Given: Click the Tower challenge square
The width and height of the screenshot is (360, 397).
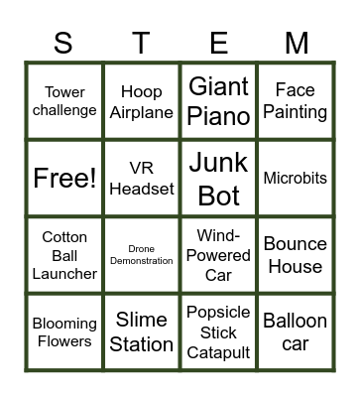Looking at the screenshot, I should (x=64, y=101).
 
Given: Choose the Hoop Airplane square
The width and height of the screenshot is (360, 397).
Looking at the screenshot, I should (x=142, y=101).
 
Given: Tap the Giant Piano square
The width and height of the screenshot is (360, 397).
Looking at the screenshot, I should (x=218, y=101).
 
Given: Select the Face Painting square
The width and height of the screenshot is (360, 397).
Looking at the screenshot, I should (x=296, y=101).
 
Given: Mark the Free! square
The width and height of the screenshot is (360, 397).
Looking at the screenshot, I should (x=64, y=179).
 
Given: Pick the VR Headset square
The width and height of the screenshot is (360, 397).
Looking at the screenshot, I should (x=142, y=179).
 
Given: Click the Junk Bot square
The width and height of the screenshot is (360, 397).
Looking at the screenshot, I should (x=218, y=179).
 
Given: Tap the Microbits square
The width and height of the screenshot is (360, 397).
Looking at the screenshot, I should (x=296, y=179).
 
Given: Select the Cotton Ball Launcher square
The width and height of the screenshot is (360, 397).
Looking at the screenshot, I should (x=64, y=255).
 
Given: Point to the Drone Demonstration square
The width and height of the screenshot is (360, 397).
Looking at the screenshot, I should (x=142, y=255).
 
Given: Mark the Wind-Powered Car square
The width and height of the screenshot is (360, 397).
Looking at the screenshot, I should (x=218, y=255).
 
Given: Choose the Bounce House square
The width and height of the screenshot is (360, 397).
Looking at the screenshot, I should (x=296, y=255).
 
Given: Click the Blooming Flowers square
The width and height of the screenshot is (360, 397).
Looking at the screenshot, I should (x=64, y=332).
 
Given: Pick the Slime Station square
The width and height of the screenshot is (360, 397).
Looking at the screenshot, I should (x=142, y=332).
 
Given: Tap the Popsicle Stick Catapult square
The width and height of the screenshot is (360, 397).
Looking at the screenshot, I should (x=218, y=332).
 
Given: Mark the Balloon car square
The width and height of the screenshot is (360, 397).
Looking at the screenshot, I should (x=296, y=332).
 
